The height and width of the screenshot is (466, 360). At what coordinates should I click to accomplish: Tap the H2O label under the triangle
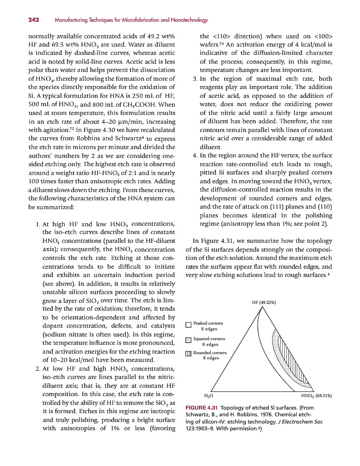click(208, 396)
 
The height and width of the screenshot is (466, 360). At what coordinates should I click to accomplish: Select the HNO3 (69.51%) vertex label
click(316, 396)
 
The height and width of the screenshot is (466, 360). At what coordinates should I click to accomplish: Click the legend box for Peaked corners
click(189, 326)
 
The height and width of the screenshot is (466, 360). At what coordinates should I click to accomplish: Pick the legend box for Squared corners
click(189, 340)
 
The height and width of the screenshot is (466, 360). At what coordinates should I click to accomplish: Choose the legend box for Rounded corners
click(189, 354)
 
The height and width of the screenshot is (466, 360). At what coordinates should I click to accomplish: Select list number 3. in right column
click(194, 79)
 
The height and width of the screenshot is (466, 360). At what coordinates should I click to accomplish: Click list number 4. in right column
click(194, 155)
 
